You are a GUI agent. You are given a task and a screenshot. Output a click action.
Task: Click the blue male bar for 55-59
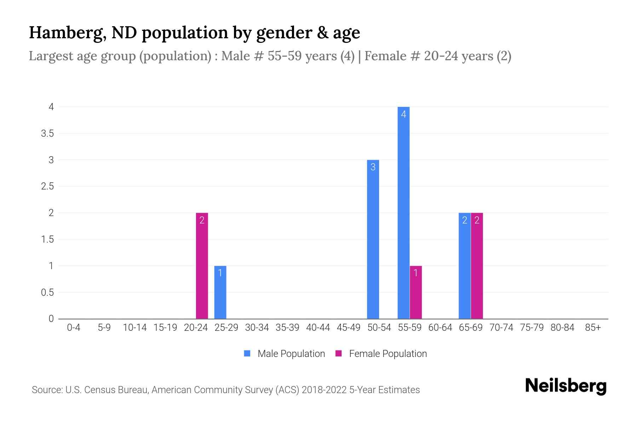403,212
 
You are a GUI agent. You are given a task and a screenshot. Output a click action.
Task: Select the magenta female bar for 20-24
202,266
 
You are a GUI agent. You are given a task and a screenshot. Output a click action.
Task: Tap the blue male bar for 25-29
220,292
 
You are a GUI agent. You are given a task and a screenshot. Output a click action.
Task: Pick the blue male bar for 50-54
373,239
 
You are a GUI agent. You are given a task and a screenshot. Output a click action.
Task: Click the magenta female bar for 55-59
416,292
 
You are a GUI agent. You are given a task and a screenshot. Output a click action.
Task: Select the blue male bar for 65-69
464,266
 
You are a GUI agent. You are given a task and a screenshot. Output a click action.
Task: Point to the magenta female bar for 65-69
477,266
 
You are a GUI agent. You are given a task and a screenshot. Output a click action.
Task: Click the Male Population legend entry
291,354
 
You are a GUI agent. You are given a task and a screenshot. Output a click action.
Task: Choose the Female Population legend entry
388,354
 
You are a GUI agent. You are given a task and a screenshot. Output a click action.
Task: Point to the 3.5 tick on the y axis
47,134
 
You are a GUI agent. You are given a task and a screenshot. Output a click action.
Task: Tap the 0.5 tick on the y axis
47,293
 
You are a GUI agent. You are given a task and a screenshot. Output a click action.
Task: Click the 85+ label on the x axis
593,328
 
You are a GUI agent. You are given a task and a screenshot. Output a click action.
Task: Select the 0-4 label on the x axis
74,328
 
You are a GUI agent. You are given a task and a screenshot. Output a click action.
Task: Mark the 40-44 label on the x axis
318,328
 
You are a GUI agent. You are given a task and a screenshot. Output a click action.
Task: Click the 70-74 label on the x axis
501,328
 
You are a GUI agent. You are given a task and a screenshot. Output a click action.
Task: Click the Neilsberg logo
566,386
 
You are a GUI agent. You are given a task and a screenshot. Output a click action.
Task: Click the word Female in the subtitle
385,56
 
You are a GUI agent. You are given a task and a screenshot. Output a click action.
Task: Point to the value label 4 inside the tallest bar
403,114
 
